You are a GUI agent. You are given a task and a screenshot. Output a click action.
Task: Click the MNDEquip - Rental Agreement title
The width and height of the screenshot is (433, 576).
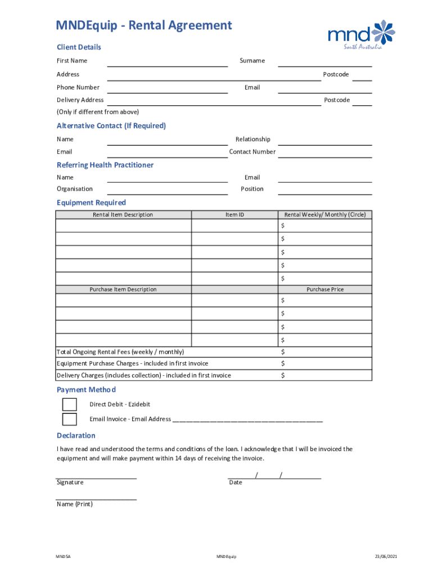pyautogui.click(x=143, y=25)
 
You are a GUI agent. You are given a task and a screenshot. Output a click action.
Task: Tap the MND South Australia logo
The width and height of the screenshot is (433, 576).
pyautogui.click(x=362, y=35)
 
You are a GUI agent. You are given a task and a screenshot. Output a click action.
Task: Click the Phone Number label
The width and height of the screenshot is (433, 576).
pyautogui.click(x=78, y=87)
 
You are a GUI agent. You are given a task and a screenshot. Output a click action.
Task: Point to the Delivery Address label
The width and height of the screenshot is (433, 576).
pyautogui.click(x=80, y=100)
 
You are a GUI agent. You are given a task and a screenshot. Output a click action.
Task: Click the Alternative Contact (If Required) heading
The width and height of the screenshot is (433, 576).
pyautogui.click(x=111, y=126)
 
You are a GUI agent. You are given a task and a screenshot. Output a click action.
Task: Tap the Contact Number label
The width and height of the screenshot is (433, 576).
pyautogui.click(x=252, y=152)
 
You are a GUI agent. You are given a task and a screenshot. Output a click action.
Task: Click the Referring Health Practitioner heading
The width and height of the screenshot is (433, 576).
pyautogui.click(x=105, y=165)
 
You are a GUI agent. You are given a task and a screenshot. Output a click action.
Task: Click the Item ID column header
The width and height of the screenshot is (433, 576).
pyautogui.click(x=234, y=215)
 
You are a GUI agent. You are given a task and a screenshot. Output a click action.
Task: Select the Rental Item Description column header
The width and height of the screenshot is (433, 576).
pyautogui.click(x=123, y=215)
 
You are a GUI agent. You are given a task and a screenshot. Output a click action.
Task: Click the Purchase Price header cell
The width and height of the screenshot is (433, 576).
pyautogui.click(x=324, y=290)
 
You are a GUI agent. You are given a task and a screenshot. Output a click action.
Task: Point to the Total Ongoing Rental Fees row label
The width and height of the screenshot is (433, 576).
pyautogui.click(x=120, y=352)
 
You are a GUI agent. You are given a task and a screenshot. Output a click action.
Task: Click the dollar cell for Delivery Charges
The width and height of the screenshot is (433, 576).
pyautogui.click(x=324, y=375)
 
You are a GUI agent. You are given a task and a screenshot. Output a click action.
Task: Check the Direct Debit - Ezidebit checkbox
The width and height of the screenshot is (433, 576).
pyautogui.click(x=70, y=404)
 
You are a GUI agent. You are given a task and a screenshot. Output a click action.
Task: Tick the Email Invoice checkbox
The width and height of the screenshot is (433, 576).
pyautogui.click(x=70, y=419)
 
